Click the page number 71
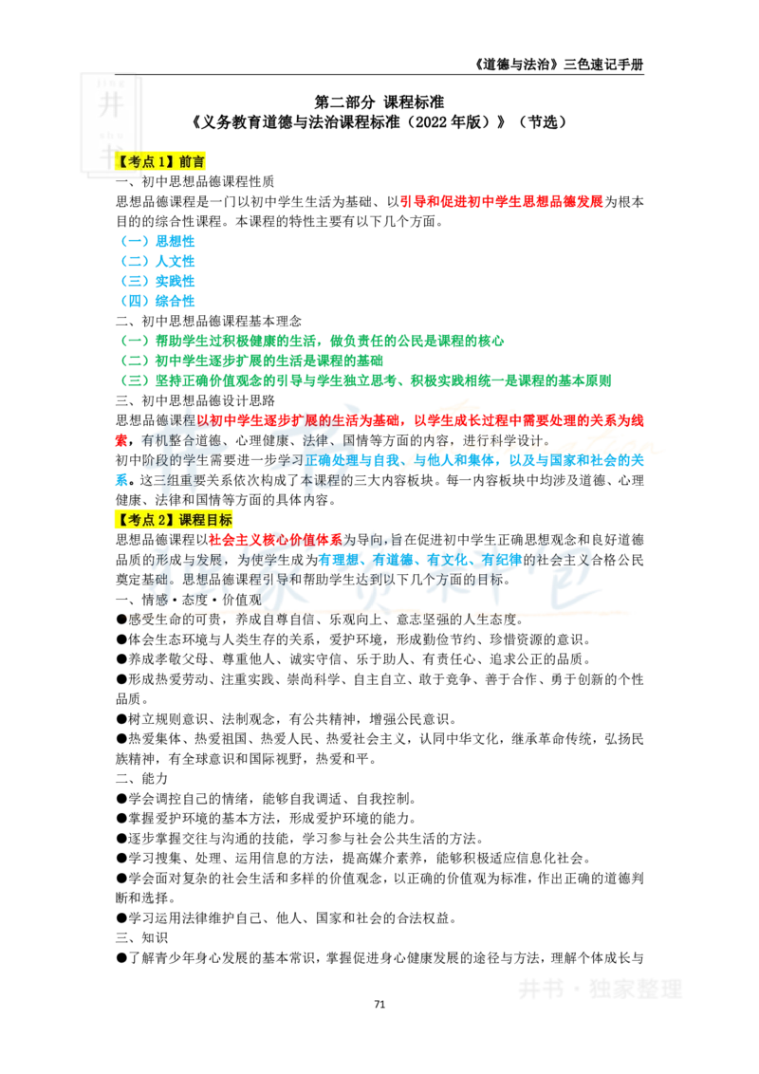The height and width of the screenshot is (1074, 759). point(379,1004)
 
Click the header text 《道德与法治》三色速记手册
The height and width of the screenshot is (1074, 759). point(558,65)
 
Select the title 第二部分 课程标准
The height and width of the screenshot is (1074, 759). point(379,102)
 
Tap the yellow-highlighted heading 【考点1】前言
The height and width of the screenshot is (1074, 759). point(159,161)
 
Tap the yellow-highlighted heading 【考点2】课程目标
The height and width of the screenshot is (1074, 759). point(174,520)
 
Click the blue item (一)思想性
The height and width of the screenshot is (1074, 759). point(157,241)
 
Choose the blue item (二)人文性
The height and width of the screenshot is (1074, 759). point(157,261)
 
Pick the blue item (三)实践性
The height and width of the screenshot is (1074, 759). point(157,281)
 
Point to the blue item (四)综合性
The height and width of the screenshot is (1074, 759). point(157,301)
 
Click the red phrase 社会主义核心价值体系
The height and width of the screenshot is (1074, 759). point(275,540)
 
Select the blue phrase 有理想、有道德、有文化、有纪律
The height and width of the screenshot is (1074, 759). point(420,560)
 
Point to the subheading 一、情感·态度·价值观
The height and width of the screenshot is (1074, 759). point(189,600)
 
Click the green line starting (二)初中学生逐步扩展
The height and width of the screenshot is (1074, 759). point(251,361)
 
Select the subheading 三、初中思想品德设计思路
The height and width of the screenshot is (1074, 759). point(195,400)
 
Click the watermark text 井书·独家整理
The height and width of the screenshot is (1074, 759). point(600,989)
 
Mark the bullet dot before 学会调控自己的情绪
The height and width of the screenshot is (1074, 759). point(121,799)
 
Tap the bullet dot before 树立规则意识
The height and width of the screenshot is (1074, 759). point(121,719)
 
